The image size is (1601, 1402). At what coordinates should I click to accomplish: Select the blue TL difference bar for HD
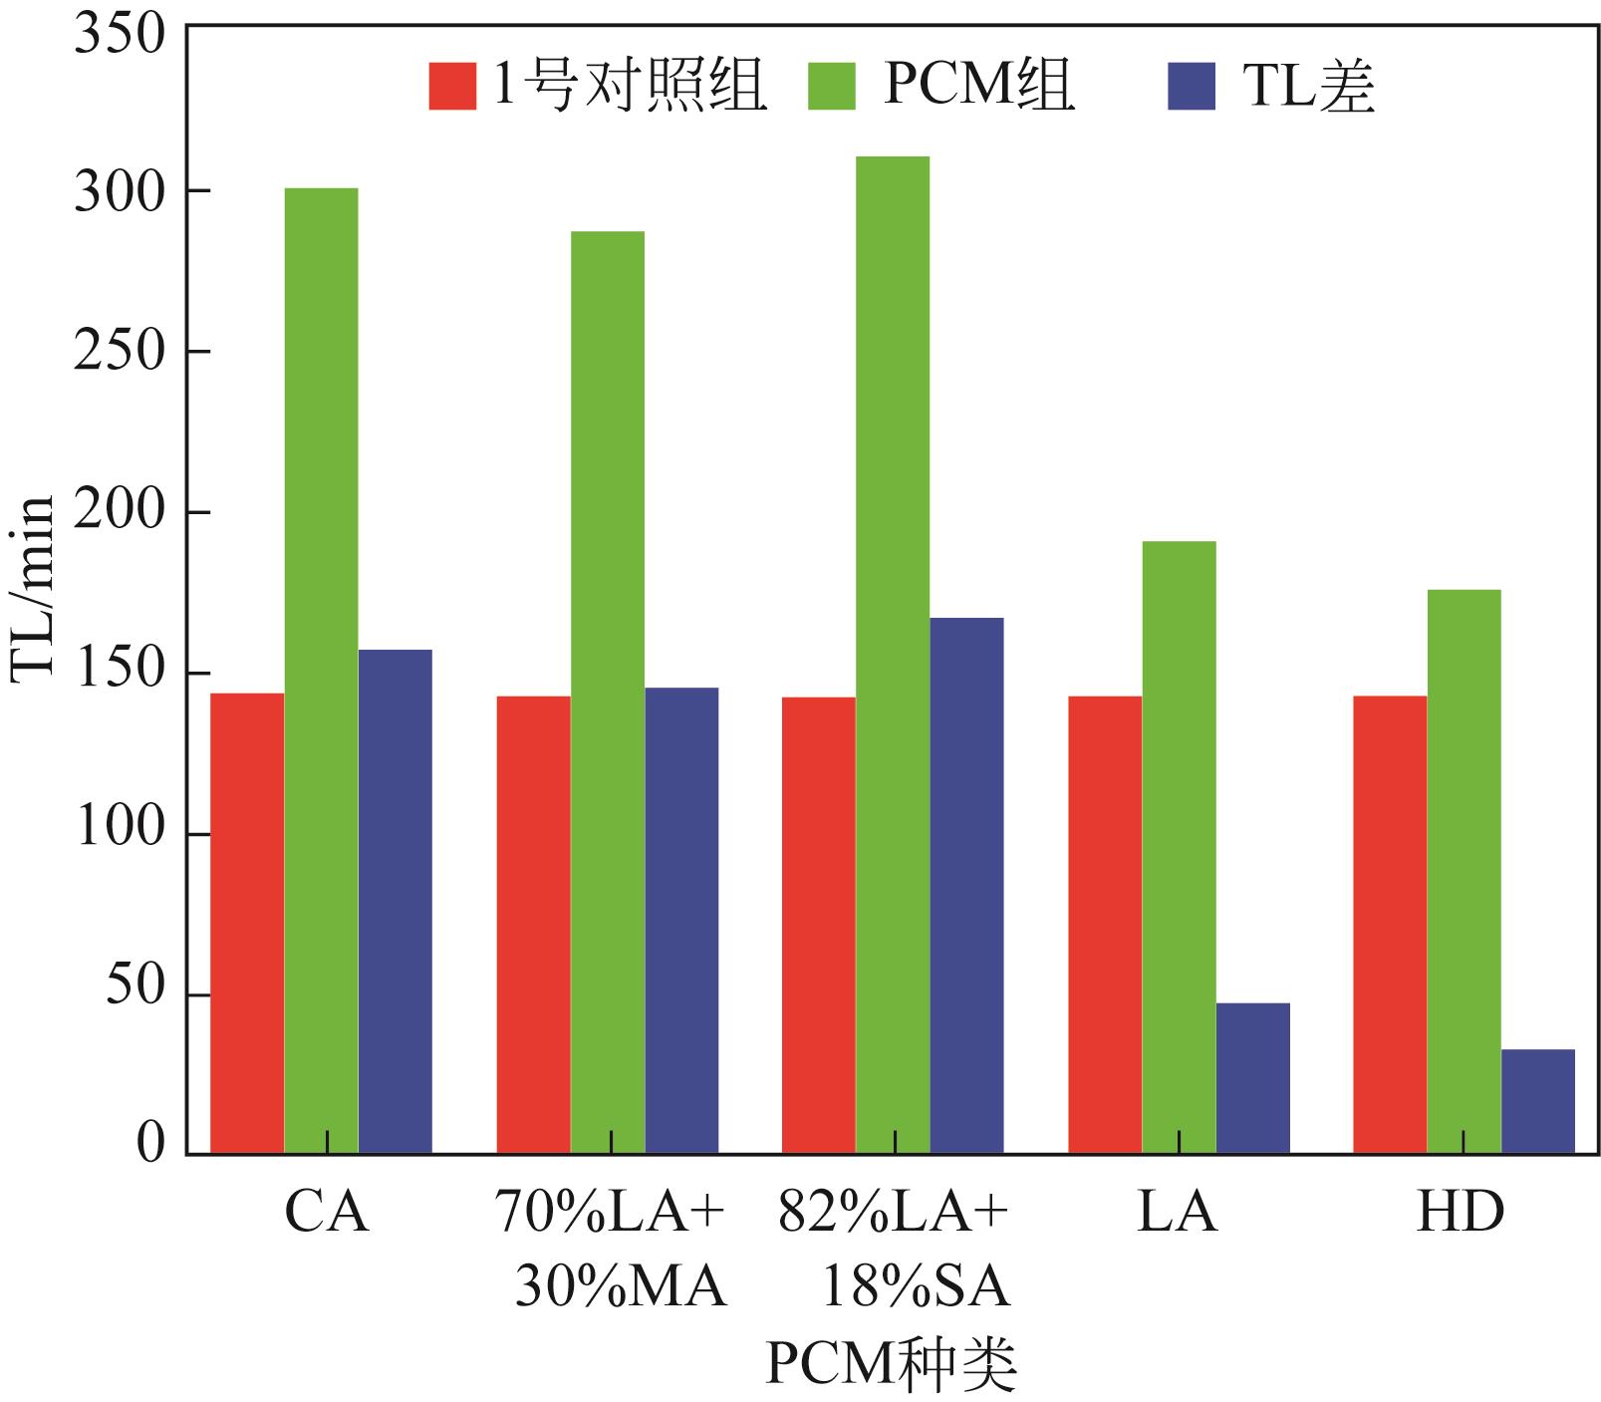click(1537, 1101)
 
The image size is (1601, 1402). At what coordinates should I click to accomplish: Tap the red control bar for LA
click(1104, 925)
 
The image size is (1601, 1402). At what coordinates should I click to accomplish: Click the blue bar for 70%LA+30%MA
click(681, 921)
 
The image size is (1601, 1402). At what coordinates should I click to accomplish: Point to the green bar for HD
click(1464, 872)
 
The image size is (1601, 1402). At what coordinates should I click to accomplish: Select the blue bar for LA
click(1252, 1078)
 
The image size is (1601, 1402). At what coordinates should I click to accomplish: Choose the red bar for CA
click(247, 924)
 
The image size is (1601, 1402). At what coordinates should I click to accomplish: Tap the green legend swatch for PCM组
click(831, 87)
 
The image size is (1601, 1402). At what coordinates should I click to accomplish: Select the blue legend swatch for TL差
click(1191, 87)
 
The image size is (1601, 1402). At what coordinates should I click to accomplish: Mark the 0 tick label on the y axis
click(149, 1146)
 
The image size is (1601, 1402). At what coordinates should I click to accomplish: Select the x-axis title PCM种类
click(892, 1366)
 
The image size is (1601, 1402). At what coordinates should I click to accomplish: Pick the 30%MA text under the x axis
click(621, 1288)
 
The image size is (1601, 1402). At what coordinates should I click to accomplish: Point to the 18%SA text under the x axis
click(914, 1288)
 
